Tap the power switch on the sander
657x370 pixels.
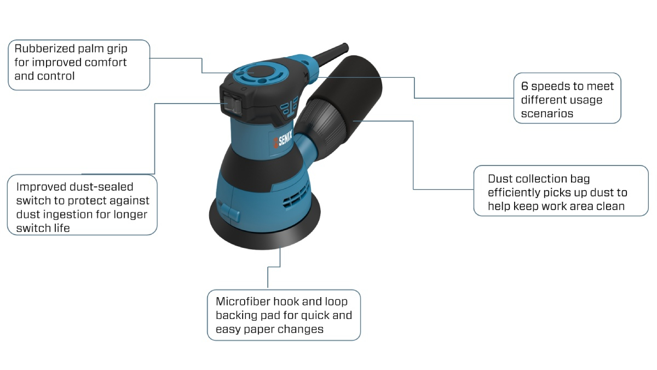pyautogui.click(x=229, y=104)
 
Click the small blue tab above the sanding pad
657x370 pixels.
pyautogui.click(x=228, y=209)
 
